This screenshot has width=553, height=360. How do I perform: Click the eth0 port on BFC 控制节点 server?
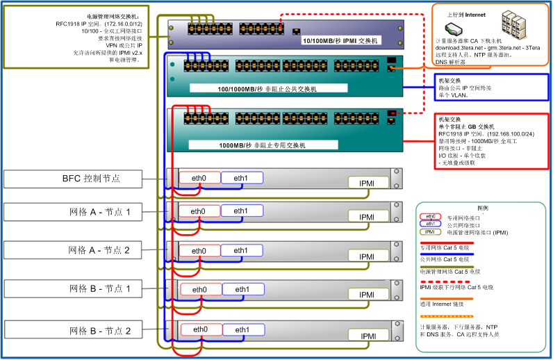(199, 178)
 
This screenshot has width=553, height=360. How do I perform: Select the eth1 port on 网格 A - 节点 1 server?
(241, 211)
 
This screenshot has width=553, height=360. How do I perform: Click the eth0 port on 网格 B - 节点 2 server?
(199, 329)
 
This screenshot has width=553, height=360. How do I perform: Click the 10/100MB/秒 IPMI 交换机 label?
(339, 41)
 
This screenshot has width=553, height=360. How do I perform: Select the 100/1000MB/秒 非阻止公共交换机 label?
(267, 90)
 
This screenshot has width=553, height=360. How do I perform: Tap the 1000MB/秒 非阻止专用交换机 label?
(267, 145)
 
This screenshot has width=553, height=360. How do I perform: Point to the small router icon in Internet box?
(453, 29)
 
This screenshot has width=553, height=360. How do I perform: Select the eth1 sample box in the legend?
(431, 224)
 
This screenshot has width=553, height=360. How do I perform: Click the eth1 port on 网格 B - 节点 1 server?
(242, 290)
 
